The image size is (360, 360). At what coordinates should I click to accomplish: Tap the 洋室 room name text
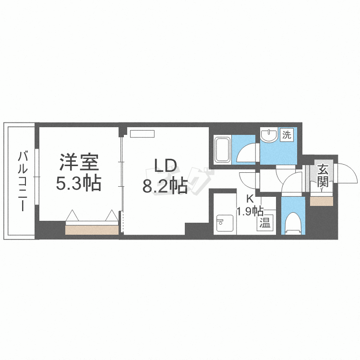79,162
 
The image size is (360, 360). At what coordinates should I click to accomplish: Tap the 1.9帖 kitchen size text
250,210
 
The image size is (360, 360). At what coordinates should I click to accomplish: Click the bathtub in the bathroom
223,150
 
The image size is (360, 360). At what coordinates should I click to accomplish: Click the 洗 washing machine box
287,135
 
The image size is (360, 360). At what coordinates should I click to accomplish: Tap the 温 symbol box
264,223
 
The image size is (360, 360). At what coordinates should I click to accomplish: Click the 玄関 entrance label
323,176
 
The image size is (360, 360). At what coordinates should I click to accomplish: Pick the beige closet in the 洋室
92,230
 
